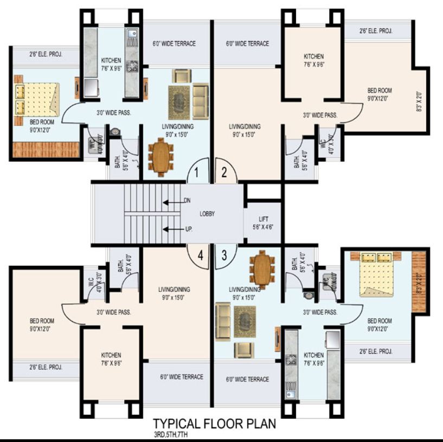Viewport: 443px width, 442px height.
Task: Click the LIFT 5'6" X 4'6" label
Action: tap(263, 223)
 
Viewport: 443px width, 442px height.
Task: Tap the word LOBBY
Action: tap(207, 214)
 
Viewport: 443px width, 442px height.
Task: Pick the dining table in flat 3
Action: tap(262, 270)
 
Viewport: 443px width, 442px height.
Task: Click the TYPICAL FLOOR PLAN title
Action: tap(215, 422)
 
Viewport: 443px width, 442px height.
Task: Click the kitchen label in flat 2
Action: tap(313, 60)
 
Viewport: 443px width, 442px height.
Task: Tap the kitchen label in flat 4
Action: tap(111, 358)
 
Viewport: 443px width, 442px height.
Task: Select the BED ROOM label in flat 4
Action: tap(42, 324)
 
